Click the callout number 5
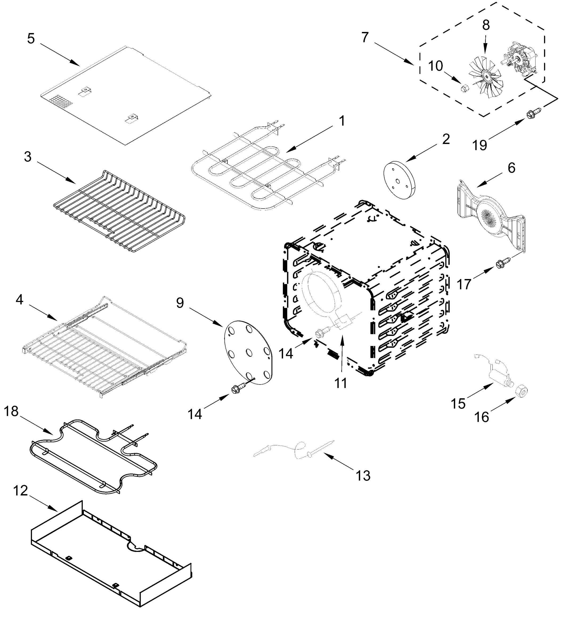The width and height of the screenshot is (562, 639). [x=31, y=39]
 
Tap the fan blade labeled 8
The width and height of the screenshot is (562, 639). [x=485, y=75]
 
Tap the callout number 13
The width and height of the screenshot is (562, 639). [x=363, y=476]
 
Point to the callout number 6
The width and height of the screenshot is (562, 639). [x=511, y=168]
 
